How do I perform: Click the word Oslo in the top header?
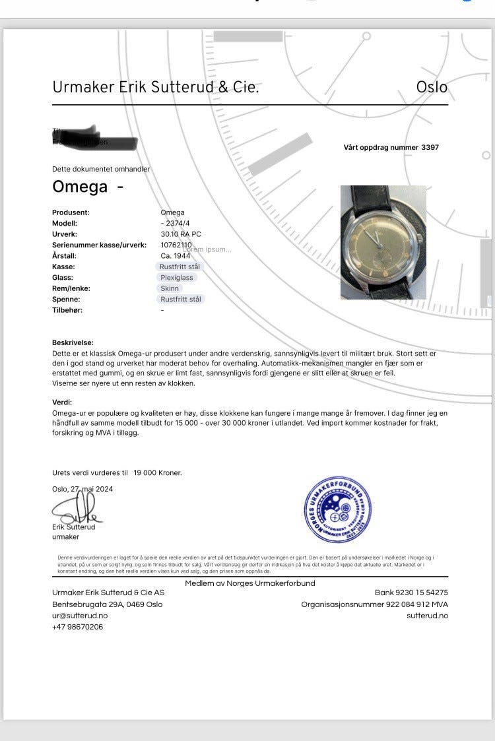432,87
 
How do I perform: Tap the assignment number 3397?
430,147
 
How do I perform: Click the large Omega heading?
80,187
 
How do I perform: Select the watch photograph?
383,242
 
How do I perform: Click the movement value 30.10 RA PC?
181,234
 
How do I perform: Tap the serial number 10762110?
176,245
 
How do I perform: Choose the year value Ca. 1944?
175,255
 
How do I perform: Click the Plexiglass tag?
177,278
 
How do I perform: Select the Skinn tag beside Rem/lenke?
169,288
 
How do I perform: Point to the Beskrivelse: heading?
73,342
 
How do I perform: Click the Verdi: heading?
62,402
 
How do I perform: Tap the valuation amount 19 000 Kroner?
157,472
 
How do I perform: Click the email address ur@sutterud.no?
80,616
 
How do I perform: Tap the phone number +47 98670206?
77,627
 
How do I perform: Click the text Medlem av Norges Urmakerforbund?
249,583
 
